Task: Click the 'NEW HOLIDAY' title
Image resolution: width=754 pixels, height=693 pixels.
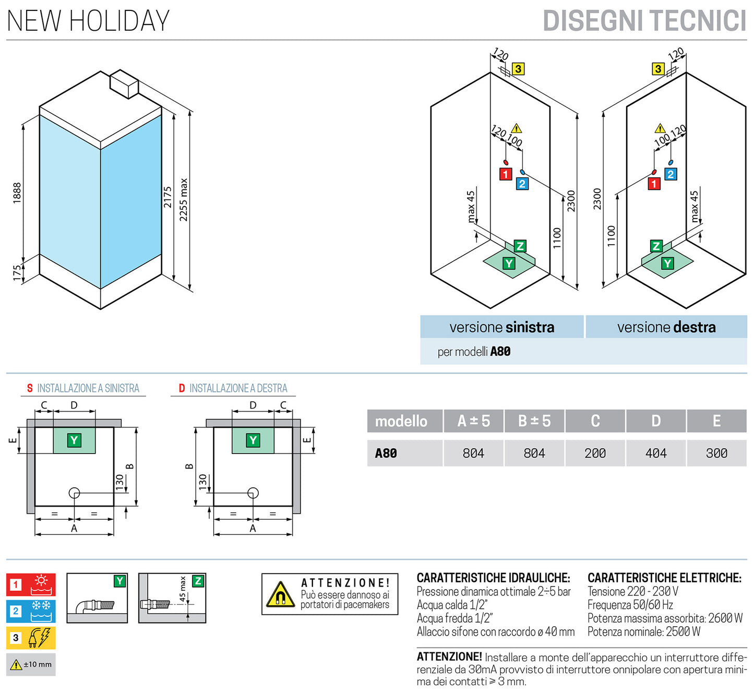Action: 88,21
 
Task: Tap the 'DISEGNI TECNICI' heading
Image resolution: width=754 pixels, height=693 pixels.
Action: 644,21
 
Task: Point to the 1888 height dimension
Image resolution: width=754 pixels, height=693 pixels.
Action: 17,193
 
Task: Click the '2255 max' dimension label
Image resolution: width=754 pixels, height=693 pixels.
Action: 184,200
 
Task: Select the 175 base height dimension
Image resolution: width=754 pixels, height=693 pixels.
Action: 17,273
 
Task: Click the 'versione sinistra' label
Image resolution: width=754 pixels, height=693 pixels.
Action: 501,327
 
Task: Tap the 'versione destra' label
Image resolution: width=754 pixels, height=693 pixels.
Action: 666,327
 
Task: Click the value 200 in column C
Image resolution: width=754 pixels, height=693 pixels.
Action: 595,453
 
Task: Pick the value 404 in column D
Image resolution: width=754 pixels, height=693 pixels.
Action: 656,453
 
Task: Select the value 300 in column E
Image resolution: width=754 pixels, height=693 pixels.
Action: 716,453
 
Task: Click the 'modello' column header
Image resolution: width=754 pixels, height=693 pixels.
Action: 401,421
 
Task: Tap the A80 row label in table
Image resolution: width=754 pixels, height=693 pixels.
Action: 386,453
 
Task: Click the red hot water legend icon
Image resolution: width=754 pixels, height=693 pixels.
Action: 31,584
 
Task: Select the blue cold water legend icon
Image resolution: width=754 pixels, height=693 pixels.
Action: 31,611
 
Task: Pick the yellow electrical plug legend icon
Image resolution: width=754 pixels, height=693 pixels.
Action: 31,638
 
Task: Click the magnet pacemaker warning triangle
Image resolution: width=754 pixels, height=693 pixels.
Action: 280,595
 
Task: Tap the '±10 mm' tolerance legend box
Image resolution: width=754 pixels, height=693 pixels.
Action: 31,664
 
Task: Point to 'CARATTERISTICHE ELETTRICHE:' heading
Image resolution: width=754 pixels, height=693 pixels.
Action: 664,578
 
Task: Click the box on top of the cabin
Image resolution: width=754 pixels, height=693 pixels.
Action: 124,83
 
